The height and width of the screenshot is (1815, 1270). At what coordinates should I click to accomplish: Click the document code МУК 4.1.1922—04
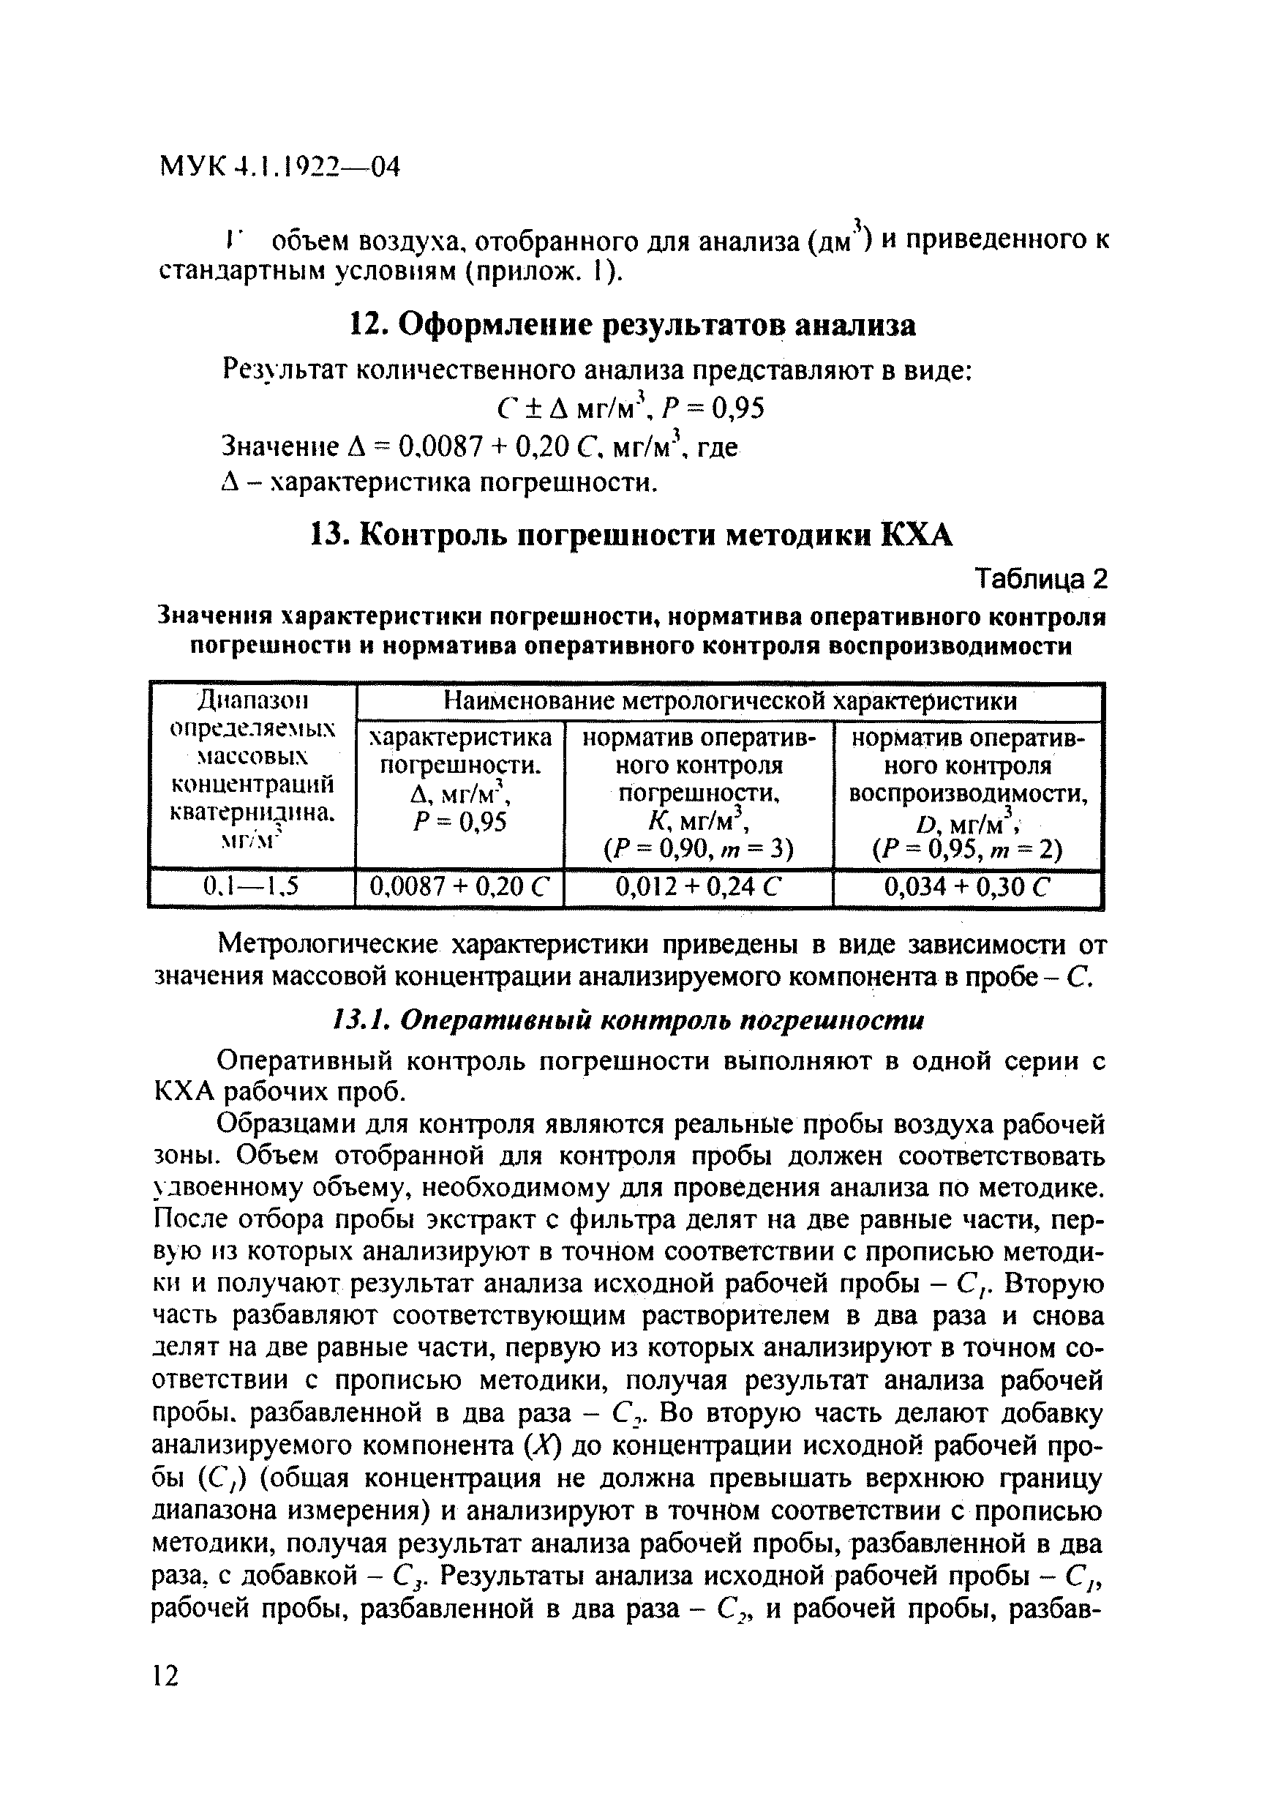[279, 167]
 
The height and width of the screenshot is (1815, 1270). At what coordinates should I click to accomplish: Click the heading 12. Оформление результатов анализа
[632, 325]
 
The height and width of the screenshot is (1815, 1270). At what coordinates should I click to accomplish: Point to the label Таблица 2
[1041, 580]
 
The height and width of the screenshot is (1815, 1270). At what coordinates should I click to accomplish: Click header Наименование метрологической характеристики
[729, 701]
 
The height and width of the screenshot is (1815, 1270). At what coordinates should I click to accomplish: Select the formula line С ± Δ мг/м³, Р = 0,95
[631, 408]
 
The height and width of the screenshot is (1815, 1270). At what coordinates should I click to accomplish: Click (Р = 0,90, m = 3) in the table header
[698, 849]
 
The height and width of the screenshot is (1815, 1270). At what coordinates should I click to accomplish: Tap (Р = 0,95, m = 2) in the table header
[967, 850]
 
